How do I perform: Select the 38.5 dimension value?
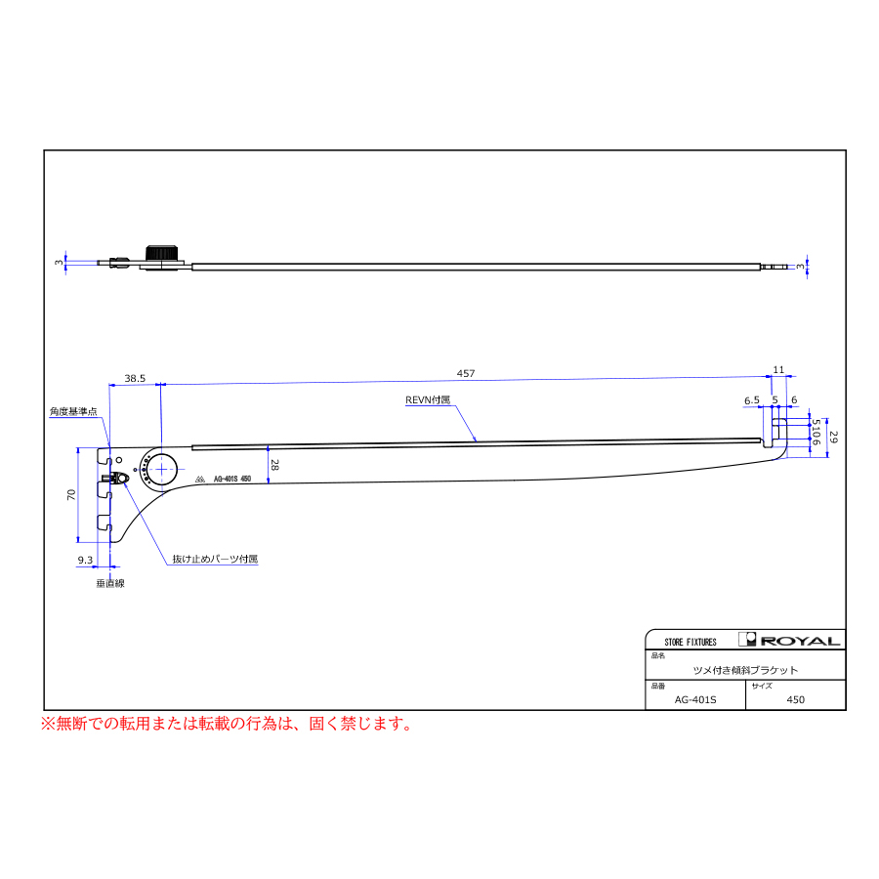pyautogui.click(x=135, y=377)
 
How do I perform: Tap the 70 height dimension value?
pyautogui.click(x=70, y=495)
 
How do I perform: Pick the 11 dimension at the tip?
pyautogui.click(x=778, y=369)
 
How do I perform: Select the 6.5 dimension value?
pyautogui.click(x=752, y=400)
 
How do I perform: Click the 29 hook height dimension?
pyautogui.click(x=833, y=438)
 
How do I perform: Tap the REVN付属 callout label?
pyautogui.click(x=429, y=400)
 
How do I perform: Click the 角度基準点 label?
pyautogui.click(x=74, y=412)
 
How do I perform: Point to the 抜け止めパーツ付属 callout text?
pyautogui.click(x=215, y=560)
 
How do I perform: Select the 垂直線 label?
pyautogui.click(x=110, y=583)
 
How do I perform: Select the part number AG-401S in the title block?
pyautogui.click(x=696, y=699)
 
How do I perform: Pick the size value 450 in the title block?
pyautogui.click(x=795, y=699)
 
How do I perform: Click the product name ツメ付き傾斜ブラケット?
pyautogui.click(x=745, y=670)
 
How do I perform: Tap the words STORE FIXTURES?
pyautogui.click(x=691, y=642)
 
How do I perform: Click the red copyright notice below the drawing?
pyautogui.click(x=226, y=725)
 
